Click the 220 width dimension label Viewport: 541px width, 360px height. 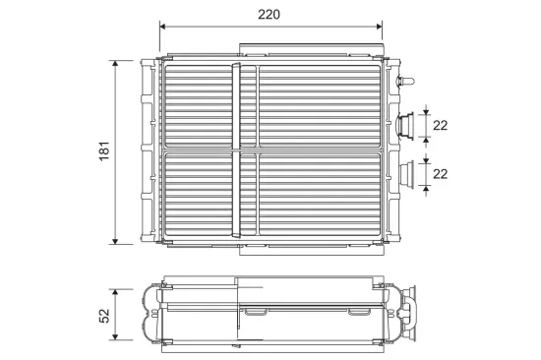(x=269, y=15)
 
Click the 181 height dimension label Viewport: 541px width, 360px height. (x=104, y=150)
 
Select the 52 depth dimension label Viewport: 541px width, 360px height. (x=104, y=316)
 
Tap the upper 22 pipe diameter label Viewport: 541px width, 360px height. (x=440, y=125)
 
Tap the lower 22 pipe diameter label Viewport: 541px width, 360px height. (x=440, y=174)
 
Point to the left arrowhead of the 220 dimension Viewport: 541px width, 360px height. (x=163, y=27)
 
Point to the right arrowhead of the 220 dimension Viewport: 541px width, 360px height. (x=379, y=27)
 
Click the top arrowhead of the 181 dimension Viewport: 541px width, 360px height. (x=115, y=64)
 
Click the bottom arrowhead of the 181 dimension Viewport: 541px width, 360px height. (x=115, y=241)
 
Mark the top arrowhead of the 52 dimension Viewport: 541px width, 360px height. (x=115, y=293)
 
